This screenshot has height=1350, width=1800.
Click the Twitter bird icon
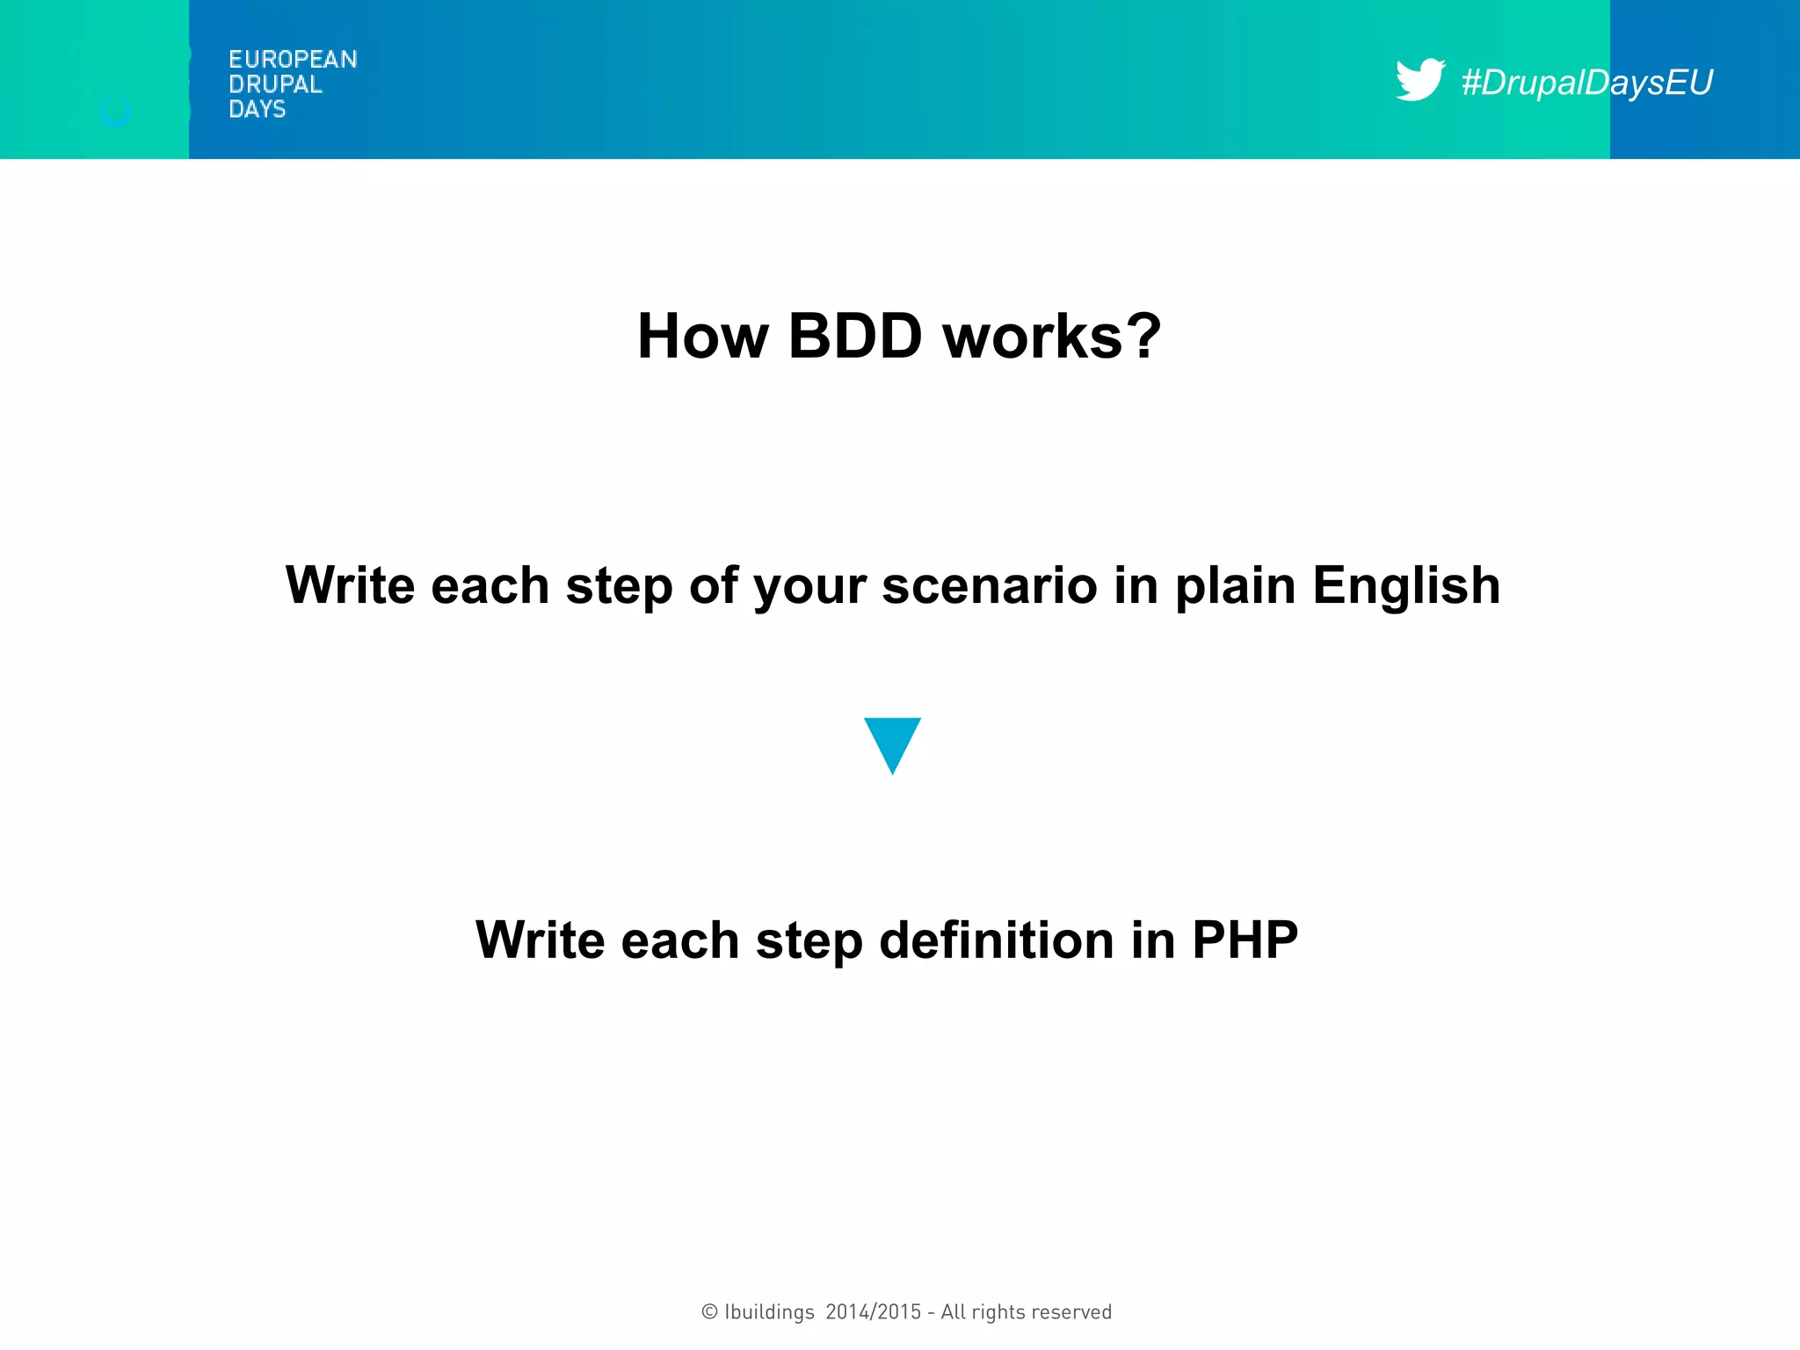pos(1419,80)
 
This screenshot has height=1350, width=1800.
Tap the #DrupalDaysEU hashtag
pos(1586,83)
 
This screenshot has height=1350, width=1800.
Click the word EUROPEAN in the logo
pos(293,60)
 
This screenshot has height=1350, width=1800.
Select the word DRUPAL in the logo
pos(275,84)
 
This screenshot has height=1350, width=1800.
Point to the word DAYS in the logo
pos(257,109)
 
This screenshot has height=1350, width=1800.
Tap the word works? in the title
pos(1051,337)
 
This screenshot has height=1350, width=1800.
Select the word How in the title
pos(703,337)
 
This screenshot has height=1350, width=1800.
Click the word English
pos(1405,585)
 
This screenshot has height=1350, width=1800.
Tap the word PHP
pos(1245,940)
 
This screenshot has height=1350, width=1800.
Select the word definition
pos(997,940)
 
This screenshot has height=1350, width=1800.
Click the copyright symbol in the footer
pos(709,1312)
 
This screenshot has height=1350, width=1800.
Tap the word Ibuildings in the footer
pos(769,1312)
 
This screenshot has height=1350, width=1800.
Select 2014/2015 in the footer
pos(873,1312)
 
